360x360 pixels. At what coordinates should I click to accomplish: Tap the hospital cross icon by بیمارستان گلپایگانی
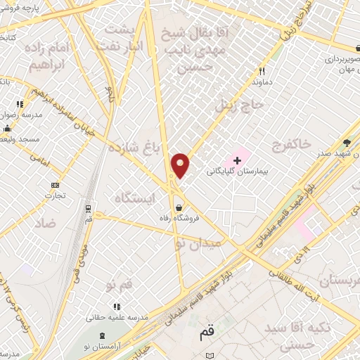(237, 160)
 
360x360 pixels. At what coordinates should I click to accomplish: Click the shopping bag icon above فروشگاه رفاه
(181, 208)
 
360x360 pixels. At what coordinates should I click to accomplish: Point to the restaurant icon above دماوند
(262, 71)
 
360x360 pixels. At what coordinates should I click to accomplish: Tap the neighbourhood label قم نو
(120, 284)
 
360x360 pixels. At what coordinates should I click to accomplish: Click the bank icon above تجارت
(55, 185)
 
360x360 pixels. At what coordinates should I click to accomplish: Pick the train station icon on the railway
(88, 209)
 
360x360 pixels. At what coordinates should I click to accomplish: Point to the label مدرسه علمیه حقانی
(116, 318)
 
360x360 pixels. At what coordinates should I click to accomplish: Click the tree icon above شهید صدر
(346, 143)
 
